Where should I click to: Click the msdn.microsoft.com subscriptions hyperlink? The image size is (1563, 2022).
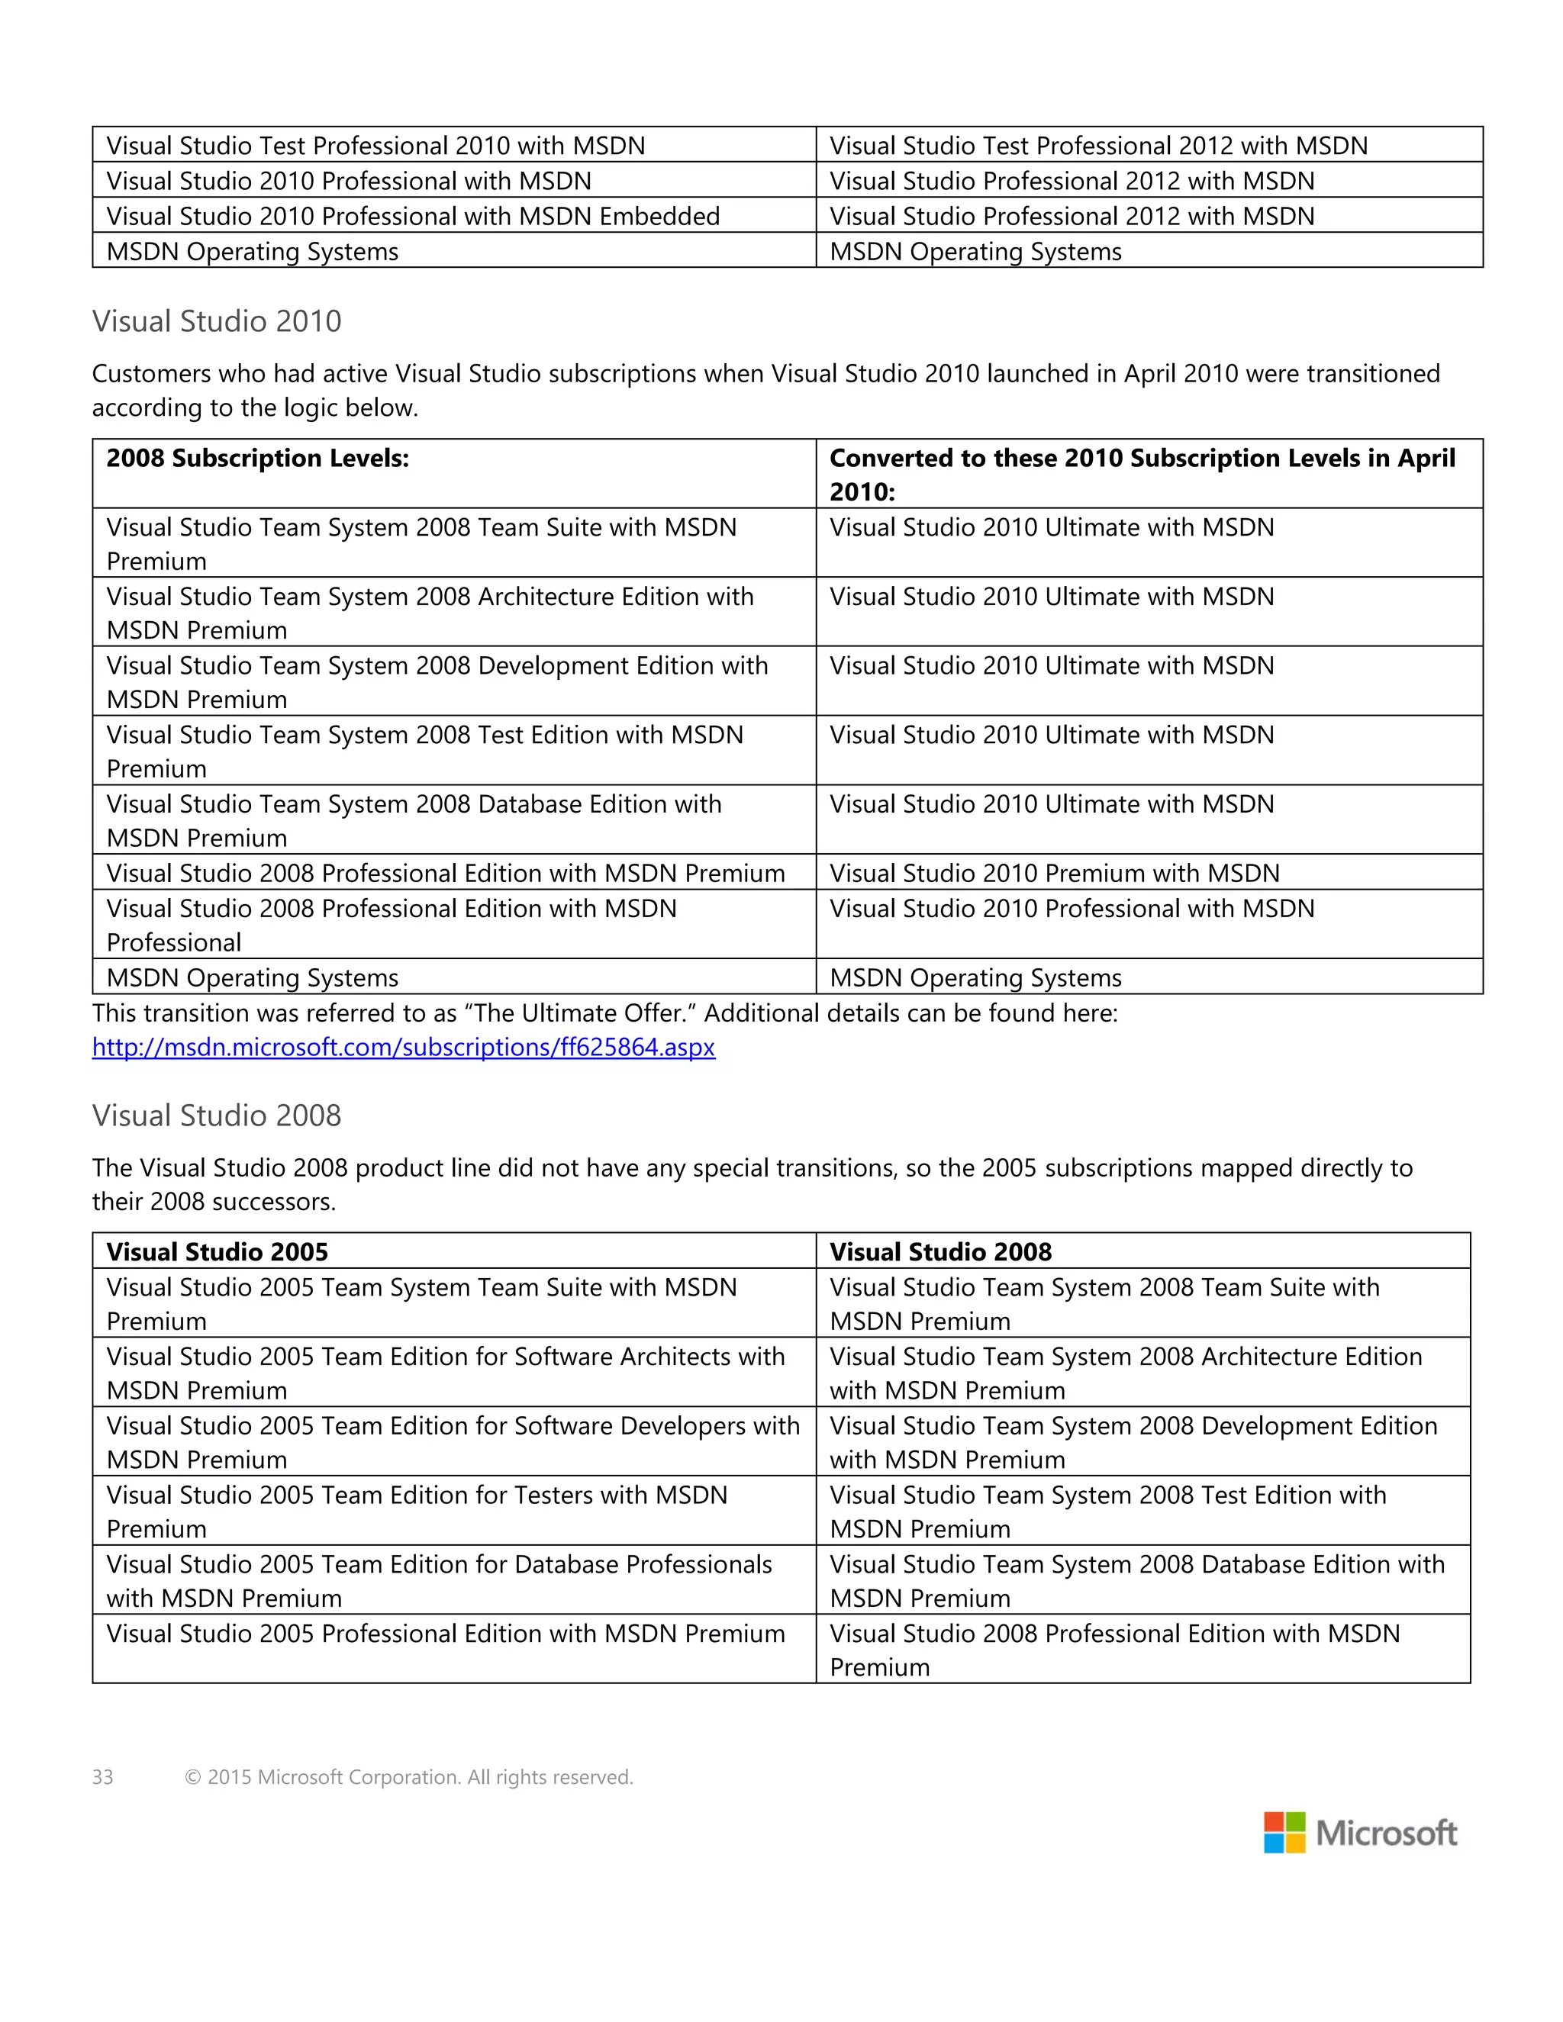click(x=403, y=1047)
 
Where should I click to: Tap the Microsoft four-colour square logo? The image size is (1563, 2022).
click(x=1284, y=1832)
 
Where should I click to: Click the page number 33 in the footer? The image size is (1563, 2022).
click(x=103, y=1776)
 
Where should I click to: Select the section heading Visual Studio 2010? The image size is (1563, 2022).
click(x=217, y=321)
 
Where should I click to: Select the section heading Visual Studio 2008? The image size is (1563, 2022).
click(x=217, y=1115)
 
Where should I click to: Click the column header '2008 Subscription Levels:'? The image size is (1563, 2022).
click(x=257, y=459)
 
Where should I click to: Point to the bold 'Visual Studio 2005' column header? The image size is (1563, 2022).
click(x=217, y=1251)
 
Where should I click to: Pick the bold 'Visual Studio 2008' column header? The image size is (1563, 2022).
click(x=939, y=1251)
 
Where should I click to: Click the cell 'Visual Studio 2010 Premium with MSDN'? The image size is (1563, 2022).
click(x=1054, y=873)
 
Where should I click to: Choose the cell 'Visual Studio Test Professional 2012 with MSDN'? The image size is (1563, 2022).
click(x=1098, y=145)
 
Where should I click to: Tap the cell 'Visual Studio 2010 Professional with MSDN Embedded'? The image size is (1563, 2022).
click(x=413, y=216)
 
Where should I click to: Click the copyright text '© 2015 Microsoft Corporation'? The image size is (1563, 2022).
click(x=408, y=1776)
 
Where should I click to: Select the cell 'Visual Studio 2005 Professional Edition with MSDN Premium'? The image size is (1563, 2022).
click(x=446, y=1633)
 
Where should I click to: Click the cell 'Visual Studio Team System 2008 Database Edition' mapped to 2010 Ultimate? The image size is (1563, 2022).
click(x=414, y=819)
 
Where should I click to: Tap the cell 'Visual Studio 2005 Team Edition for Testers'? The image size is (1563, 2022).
click(x=417, y=1510)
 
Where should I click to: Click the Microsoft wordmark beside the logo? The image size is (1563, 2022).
click(x=1386, y=1833)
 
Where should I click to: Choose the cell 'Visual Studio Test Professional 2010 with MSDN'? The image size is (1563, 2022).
click(x=375, y=145)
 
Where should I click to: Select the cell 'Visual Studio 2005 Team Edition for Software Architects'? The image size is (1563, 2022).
click(x=446, y=1372)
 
